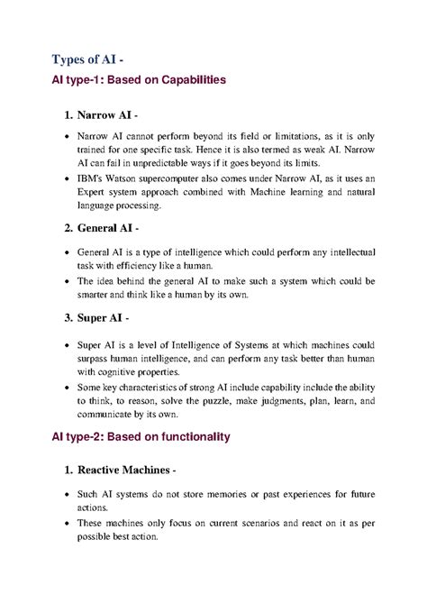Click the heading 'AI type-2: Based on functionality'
tap(141, 437)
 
